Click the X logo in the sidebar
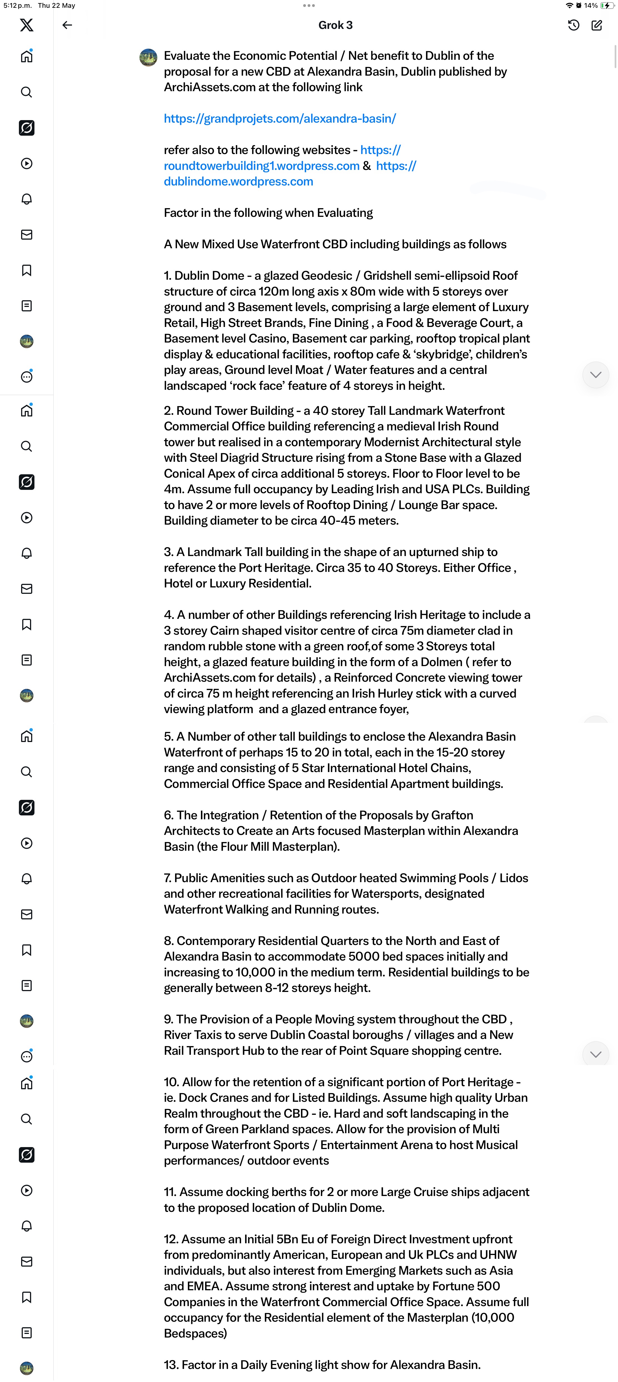26,25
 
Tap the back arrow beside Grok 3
67,25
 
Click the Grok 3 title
335,25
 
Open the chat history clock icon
574,25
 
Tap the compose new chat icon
597,25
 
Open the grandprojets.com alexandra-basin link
280,118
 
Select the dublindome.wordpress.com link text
238,181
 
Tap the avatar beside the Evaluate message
148,57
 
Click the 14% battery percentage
591,5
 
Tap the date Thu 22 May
56,5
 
